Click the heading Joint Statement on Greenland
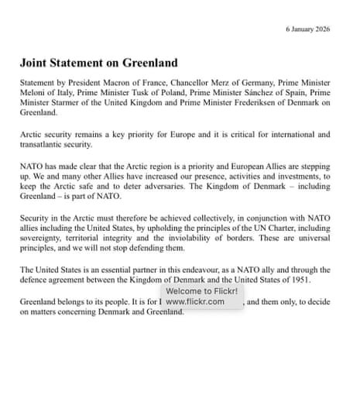[98, 63]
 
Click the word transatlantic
[46, 144]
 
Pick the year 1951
[300, 280]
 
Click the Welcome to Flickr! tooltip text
[201, 291]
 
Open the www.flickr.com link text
[195, 302]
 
